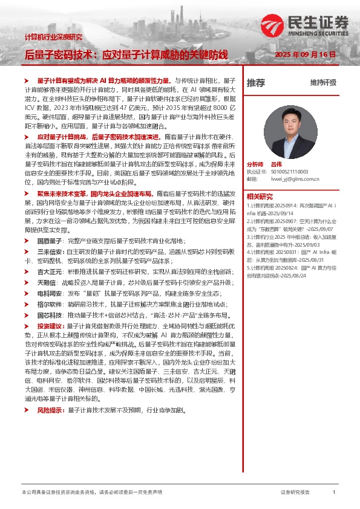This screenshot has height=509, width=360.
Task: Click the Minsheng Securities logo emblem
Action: [x=270, y=27]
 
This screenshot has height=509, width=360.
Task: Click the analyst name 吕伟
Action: [x=277, y=164]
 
